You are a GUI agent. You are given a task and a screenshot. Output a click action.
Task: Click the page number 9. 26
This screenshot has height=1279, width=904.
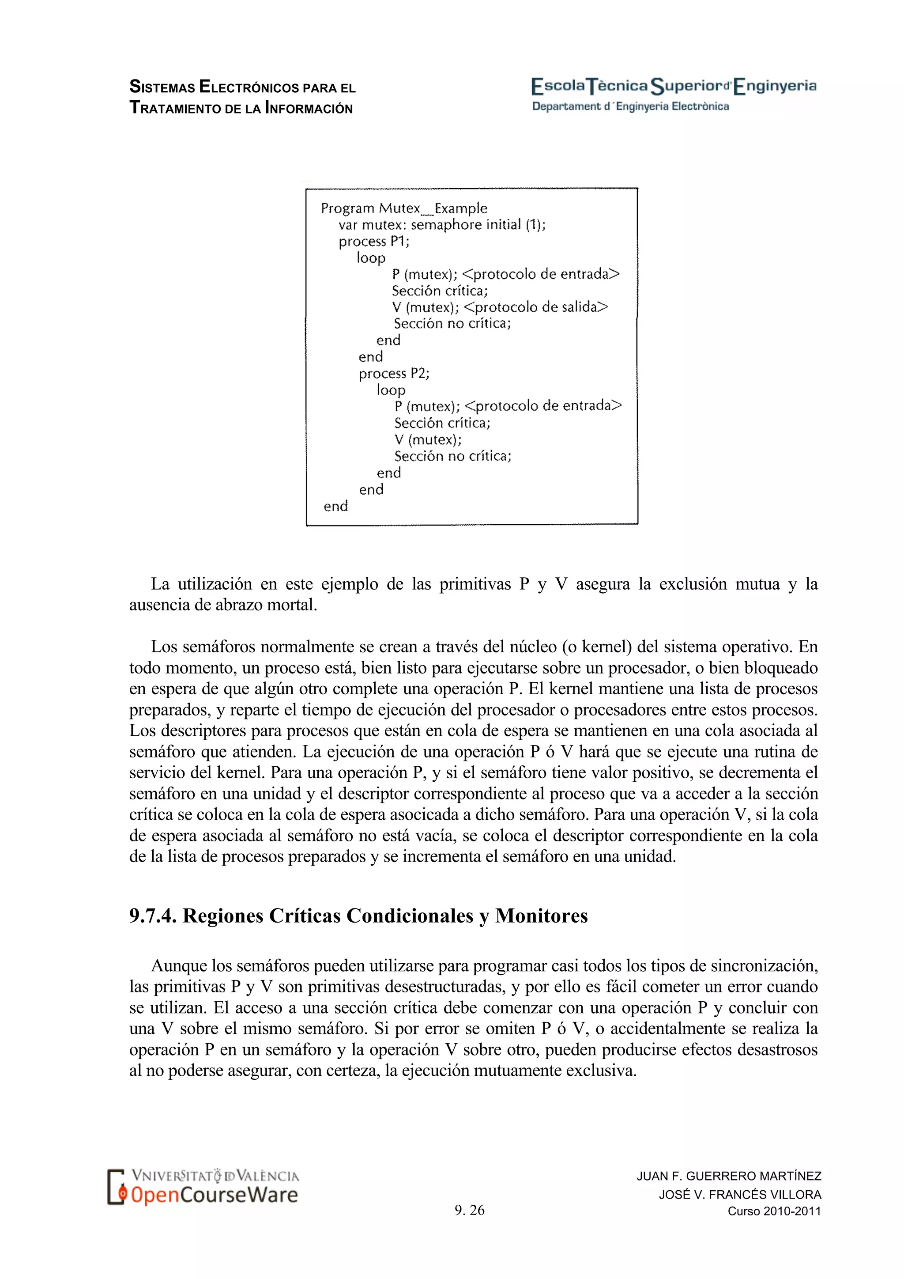469,1210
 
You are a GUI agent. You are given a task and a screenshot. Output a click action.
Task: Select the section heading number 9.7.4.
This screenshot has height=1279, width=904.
153,916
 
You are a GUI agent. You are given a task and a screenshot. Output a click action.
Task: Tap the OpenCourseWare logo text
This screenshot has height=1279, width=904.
215,1196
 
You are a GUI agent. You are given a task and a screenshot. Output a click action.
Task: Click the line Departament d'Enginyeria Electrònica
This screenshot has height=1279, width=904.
630,106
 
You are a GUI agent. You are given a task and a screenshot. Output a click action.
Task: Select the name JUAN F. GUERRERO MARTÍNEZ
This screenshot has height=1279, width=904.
729,1176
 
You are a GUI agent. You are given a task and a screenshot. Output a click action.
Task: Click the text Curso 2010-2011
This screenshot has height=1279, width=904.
774,1211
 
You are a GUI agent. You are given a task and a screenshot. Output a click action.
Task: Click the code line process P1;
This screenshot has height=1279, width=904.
373,241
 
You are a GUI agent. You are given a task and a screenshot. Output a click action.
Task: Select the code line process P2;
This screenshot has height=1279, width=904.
394,373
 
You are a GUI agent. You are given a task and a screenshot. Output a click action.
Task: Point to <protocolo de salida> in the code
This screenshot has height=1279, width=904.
535,307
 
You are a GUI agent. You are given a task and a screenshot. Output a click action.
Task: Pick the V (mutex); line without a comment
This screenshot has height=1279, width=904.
428,439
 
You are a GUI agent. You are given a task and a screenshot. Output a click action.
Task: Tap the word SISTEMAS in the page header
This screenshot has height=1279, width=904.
162,87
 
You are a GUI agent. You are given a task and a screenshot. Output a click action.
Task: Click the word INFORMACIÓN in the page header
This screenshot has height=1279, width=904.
309,108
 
